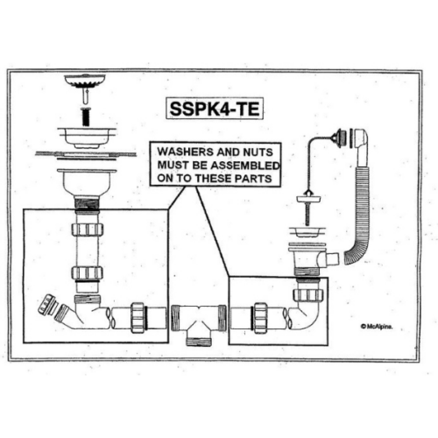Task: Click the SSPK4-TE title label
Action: click(x=215, y=109)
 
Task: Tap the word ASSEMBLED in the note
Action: click(x=245, y=166)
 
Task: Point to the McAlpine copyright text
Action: click(x=377, y=327)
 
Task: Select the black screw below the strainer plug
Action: click(x=85, y=117)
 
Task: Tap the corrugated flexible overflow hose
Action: click(x=358, y=213)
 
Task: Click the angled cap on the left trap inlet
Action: click(x=46, y=306)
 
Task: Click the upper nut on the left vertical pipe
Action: click(x=88, y=230)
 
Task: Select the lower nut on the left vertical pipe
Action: click(x=88, y=273)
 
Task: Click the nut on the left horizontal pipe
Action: click(x=138, y=318)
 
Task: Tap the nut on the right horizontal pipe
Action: click(x=260, y=318)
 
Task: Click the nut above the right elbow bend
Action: click(x=308, y=295)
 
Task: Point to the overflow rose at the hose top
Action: click(x=339, y=138)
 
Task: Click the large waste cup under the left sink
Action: click(x=87, y=182)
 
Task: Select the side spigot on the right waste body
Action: click(x=332, y=258)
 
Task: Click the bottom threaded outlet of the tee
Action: click(x=199, y=341)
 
